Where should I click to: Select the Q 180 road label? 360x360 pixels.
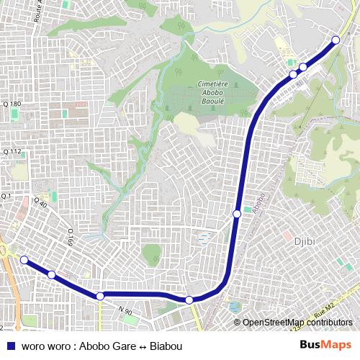[x=12, y=105]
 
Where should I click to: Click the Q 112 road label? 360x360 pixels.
[x=12, y=152]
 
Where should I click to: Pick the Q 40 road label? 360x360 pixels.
[x=40, y=204]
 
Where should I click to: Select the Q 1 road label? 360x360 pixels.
[x=7, y=196]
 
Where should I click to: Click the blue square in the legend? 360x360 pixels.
[x=11, y=346]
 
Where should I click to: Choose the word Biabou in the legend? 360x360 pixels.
[x=166, y=346]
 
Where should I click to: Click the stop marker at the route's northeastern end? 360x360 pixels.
[x=336, y=40]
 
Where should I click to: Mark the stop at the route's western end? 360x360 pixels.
[x=23, y=260]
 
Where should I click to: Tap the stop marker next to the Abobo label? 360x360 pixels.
[x=237, y=213]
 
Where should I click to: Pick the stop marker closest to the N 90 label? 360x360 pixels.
[x=100, y=296]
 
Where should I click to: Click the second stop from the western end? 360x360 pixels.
[x=51, y=274]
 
